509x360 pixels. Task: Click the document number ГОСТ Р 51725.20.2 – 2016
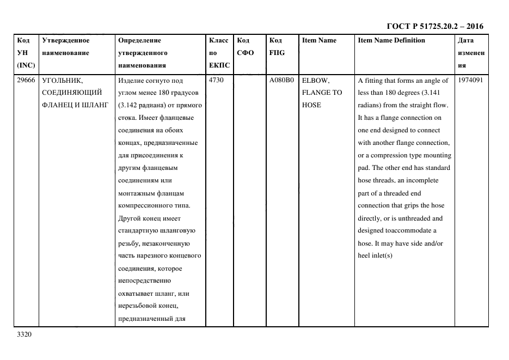pos(434,26)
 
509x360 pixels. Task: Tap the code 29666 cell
pos(26,80)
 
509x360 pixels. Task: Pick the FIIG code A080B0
pos(281,80)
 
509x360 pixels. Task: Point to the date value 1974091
pos(470,80)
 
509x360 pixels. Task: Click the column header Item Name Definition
pos(391,40)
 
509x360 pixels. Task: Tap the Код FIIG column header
pos(277,46)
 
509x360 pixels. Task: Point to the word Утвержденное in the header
pos(66,40)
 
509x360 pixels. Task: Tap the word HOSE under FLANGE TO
pos(311,105)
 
